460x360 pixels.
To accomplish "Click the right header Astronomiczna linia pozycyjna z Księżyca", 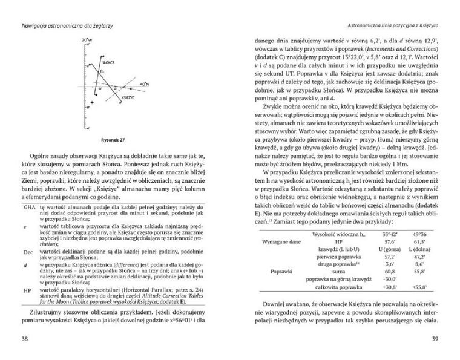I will coord(389,26).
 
